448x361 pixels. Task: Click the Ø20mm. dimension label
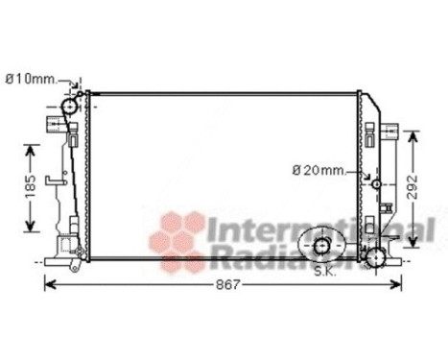318,171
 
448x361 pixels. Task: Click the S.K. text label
327,272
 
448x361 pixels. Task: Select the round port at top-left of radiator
69,106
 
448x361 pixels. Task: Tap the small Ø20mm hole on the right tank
377,183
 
